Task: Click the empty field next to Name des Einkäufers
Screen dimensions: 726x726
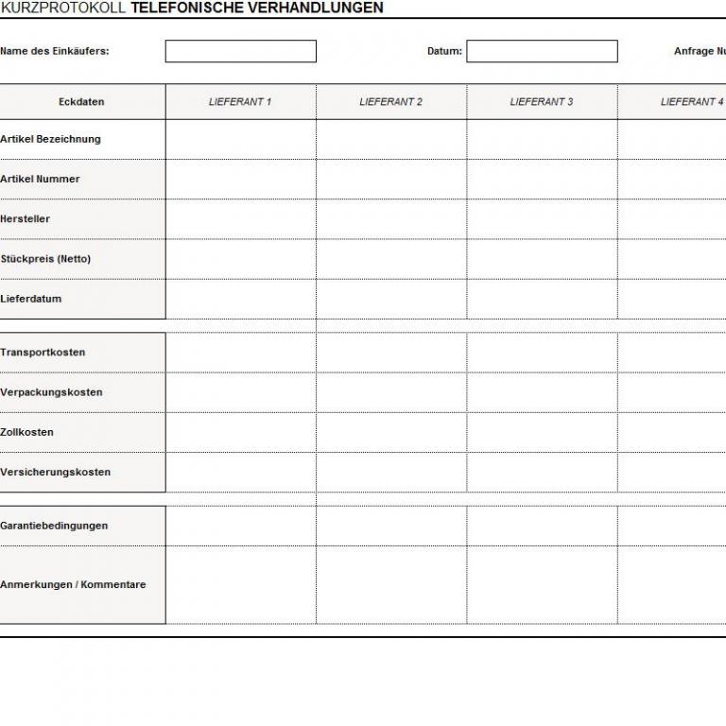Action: point(240,51)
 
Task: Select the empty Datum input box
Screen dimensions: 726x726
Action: point(542,51)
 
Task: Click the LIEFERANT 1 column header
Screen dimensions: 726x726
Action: point(240,102)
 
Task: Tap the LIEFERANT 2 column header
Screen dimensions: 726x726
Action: point(390,102)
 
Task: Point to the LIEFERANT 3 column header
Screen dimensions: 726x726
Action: point(542,102)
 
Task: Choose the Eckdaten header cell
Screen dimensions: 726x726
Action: point(81,102)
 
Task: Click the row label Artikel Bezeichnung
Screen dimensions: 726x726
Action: point(51,139)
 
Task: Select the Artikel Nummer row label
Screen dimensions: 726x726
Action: point(41,179)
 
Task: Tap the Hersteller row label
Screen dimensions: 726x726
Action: point(26,219)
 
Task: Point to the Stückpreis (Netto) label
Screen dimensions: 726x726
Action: point(46,259)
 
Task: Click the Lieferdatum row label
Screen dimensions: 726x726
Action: point(31,299)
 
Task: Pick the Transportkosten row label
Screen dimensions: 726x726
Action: point(43,353)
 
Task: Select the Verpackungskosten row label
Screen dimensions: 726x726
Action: point(52,392)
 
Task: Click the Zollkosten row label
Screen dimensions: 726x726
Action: point(27,432)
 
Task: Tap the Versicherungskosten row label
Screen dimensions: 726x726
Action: point(56,472)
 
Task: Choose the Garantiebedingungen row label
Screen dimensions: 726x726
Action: point(55,526)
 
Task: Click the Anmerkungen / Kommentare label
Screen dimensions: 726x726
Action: point(74,584)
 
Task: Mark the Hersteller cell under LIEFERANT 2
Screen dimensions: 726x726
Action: point(390,219)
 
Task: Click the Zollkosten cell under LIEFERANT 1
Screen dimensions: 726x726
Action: point(240,432)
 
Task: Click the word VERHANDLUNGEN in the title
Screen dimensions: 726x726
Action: point(303,8)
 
